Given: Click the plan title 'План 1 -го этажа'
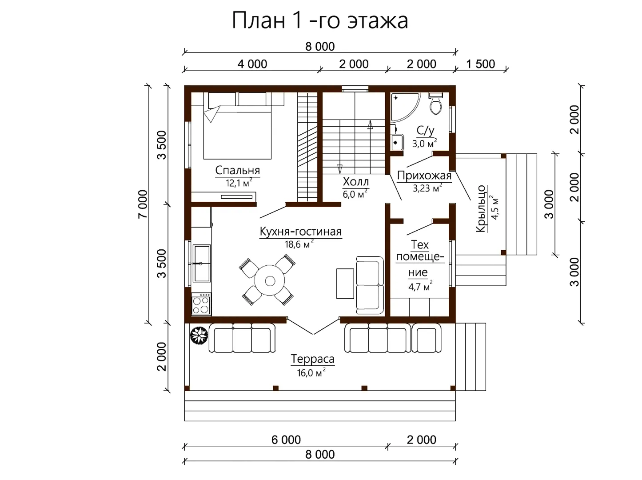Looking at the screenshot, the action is pos(320,20).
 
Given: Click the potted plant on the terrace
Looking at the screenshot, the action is pos(199,335).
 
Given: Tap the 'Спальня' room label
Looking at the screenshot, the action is pos(238,170).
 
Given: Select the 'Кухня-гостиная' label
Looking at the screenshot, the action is pos(301,232).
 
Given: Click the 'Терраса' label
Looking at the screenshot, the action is pos(313,359).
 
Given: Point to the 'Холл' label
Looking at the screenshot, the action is pos(356,182).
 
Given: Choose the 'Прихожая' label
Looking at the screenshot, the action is pos(424,176).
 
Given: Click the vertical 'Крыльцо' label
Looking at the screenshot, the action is pos(481,208).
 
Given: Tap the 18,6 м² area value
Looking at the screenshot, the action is pos(299,244).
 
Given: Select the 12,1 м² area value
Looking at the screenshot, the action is pos(239,183).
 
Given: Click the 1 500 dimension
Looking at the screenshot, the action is pos(481,64).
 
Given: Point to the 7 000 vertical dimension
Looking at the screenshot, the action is pos(143,204).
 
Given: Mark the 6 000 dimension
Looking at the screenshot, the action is pos(286,440).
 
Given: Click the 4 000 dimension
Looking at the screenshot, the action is pos(252,64).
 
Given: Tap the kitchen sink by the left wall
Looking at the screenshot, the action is pos(202,263).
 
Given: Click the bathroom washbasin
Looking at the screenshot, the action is pos(397,142).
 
